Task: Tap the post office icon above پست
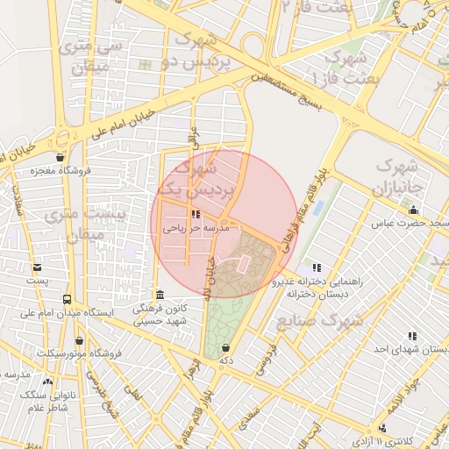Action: (x=36, y=267)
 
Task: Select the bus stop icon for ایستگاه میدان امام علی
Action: (x=68, y=299)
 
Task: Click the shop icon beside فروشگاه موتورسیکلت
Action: (x=80, y=341)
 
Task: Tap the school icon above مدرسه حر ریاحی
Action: (x=195, y=214)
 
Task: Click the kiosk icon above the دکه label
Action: (x=226, y=347)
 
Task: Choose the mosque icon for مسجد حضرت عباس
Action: (x=413, y=210)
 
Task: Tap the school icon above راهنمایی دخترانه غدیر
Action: (x=316, y=267)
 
